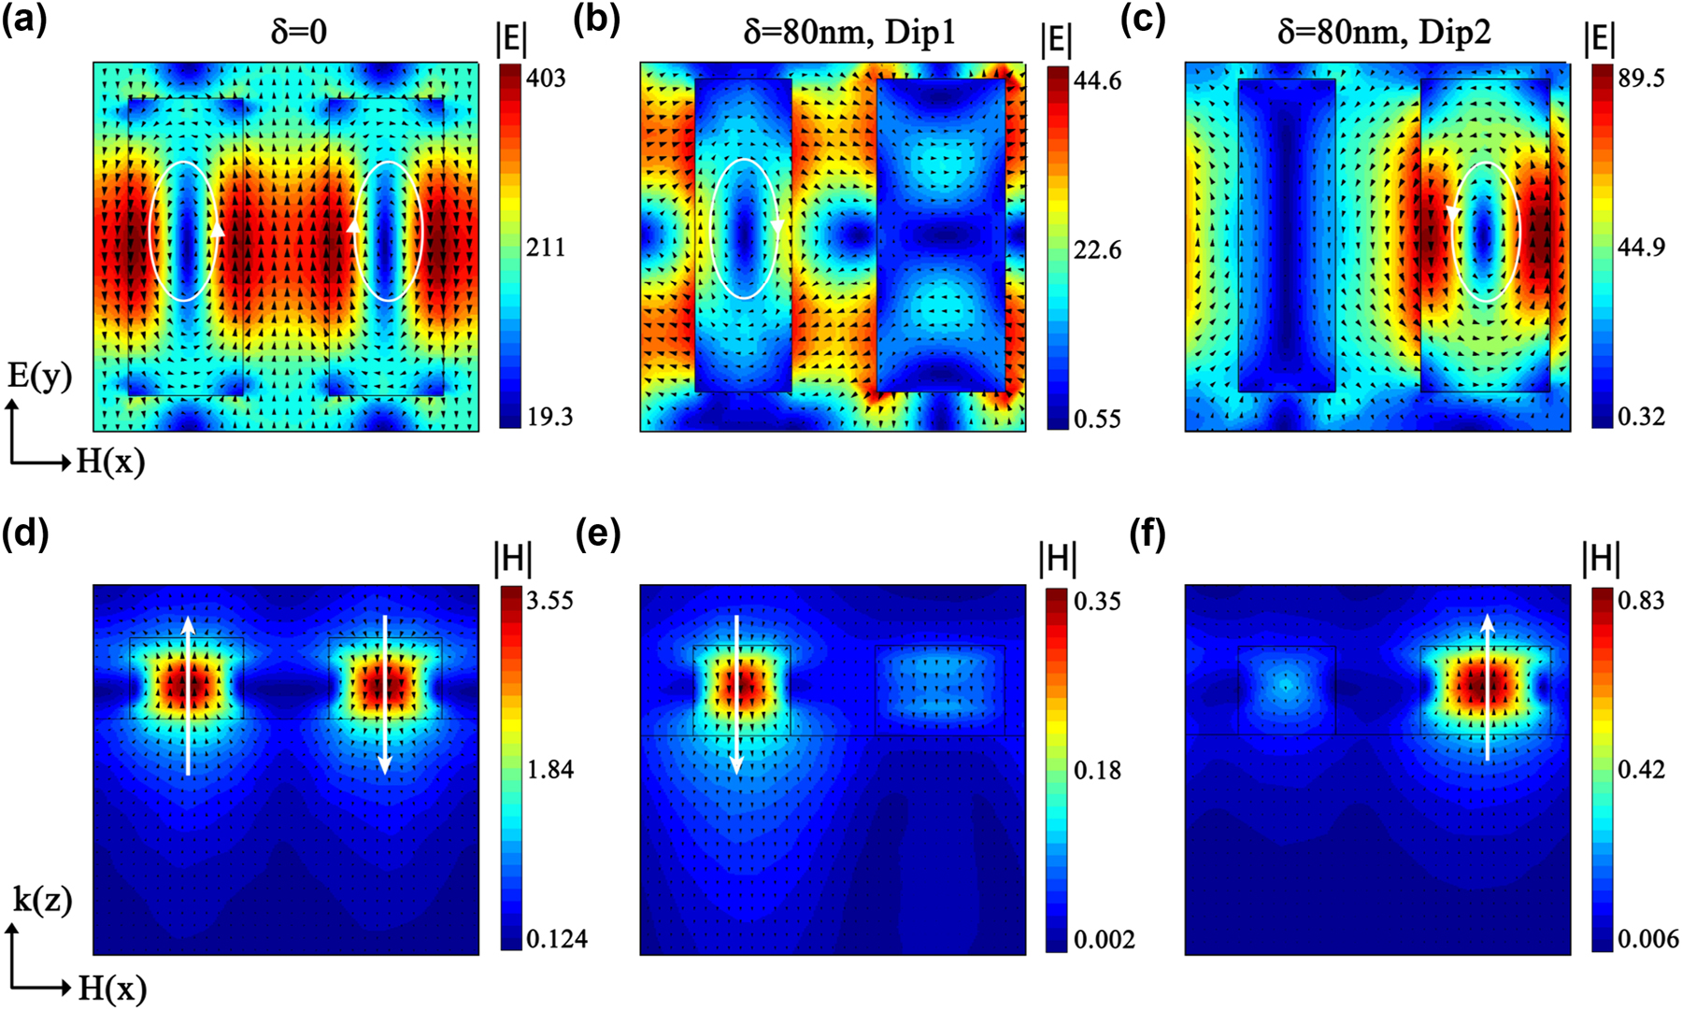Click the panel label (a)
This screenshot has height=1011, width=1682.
(x=23, y=21)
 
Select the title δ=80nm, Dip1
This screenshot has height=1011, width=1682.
(x=848, y=33)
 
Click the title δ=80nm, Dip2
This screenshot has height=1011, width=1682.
(x=1384, y=33)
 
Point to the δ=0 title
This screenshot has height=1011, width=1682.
(x=298, y=33)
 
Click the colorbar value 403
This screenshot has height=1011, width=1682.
(x=545, y=78)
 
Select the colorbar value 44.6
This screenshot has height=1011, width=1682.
(x=1097, y=81)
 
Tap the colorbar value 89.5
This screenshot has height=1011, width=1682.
(x=1641, y=78)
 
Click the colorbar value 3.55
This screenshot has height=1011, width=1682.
(x=549, y=600)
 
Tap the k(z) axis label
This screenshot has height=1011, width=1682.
(x=42, y=900)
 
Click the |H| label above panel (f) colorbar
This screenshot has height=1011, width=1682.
(x=1601, y=559)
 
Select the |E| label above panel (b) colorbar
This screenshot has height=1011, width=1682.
(x=1056, y=41)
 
